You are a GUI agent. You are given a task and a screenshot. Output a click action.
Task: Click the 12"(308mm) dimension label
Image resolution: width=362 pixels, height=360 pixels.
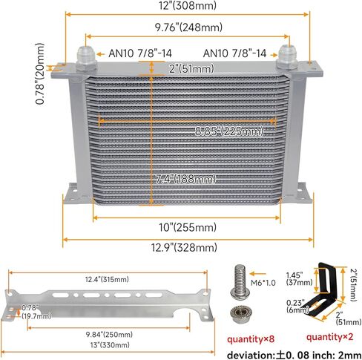188,5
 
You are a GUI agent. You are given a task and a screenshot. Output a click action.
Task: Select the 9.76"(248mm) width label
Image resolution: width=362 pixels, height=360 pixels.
188,27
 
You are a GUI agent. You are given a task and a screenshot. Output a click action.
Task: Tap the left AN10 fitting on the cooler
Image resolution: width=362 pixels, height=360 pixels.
86,59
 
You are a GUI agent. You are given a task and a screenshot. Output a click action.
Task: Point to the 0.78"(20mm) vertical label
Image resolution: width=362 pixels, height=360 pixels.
40,73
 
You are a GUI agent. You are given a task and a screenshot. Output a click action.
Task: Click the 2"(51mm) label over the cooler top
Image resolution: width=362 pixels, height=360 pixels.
191,68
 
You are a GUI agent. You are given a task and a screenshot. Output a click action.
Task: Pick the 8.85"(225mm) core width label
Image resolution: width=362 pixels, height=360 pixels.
229,131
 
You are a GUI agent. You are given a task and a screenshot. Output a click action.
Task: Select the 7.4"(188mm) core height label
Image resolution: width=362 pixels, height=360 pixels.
185,179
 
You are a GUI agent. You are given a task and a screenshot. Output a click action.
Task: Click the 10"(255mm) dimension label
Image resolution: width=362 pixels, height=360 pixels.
188,227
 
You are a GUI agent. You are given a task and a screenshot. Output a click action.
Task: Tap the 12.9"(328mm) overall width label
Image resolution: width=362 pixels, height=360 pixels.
184,247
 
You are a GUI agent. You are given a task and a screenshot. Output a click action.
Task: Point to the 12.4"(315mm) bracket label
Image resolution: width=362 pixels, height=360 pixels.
107,280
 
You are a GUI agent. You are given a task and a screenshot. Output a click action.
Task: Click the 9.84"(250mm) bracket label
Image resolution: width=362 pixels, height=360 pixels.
109,335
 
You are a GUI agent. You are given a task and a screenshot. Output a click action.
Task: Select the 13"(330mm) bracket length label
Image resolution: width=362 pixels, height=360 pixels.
110,345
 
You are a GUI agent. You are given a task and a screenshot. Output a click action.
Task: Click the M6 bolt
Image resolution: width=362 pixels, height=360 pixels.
239,281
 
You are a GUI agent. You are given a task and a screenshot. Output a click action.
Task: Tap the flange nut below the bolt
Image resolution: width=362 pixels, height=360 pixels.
238,314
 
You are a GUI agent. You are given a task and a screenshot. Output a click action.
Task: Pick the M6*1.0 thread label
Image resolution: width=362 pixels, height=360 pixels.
263,283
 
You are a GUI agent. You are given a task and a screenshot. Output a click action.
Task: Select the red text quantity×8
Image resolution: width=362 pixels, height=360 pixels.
251,339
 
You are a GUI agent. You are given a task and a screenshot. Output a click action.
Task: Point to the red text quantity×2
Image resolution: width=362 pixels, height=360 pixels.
329,337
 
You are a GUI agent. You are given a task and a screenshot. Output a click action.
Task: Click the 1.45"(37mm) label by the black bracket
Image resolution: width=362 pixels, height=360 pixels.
299,278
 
